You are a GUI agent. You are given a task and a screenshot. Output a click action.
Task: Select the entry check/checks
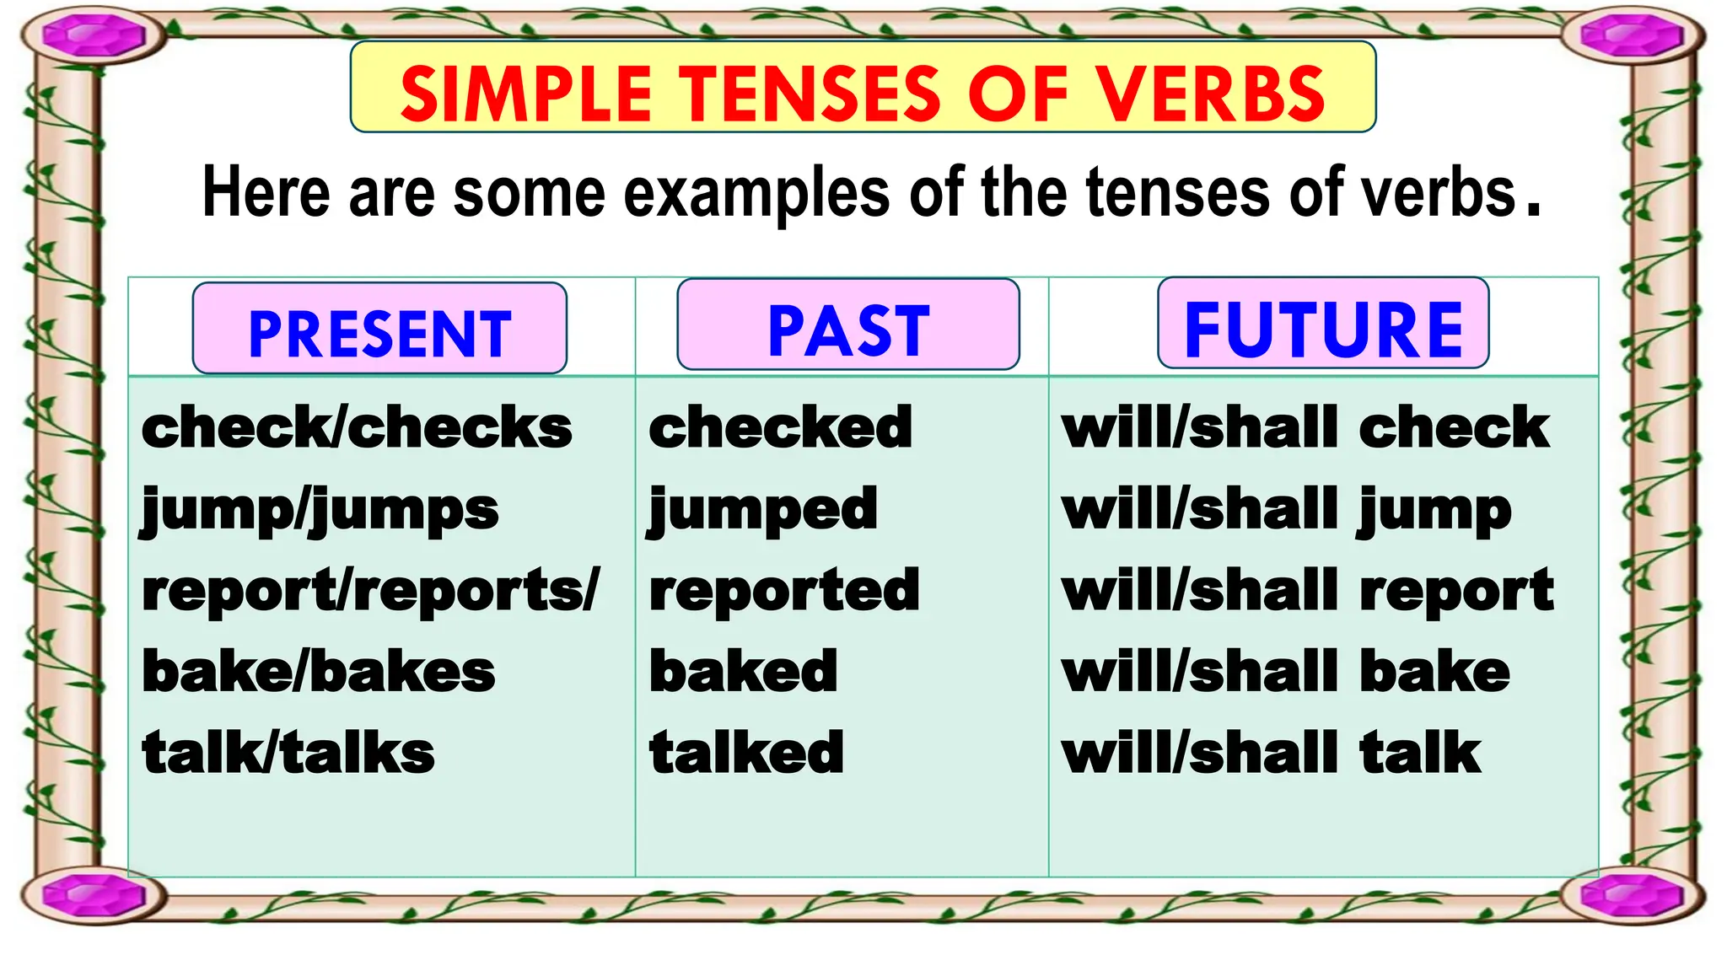[x=357, y=427]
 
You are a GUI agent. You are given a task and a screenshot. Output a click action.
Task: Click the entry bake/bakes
[x=318, y=672]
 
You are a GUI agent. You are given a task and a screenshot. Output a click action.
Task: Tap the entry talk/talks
[x=288, y=753]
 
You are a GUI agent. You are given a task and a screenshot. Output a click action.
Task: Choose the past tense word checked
[x=780, y=427]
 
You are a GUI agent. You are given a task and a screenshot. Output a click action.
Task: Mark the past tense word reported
[x=783, y=591]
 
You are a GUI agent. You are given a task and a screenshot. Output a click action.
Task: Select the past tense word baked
[x=743, y=672]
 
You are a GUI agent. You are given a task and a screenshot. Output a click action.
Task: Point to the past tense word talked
[x=746, y=753]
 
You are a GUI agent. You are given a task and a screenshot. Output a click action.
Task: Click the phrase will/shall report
[x=1308, y=591]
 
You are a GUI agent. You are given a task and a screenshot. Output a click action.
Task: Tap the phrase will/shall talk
[x=1271, y=753]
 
